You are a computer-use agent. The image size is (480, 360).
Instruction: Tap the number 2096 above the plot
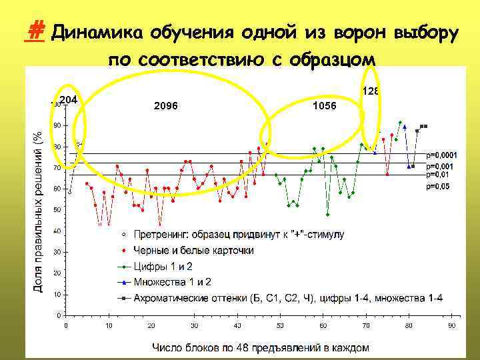[165, 106]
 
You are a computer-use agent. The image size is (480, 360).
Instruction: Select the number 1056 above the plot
[324, 106]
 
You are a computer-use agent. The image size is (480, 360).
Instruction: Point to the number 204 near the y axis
[69, 100]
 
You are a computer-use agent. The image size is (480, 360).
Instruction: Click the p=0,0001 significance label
[441, 155]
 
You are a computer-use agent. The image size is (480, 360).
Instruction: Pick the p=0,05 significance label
[438, 187]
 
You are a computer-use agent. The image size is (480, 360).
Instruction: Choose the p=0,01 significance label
[438, 174]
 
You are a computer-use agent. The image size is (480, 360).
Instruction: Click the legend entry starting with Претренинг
[239, 235]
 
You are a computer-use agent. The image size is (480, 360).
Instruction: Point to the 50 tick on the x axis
[280, 326]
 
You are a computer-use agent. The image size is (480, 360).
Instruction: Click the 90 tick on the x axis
[451, 326]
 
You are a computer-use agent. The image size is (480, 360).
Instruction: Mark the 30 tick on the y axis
[58, 252]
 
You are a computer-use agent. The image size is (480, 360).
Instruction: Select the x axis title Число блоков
[260, 347]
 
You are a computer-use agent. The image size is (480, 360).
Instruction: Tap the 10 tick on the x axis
[108, 326]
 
